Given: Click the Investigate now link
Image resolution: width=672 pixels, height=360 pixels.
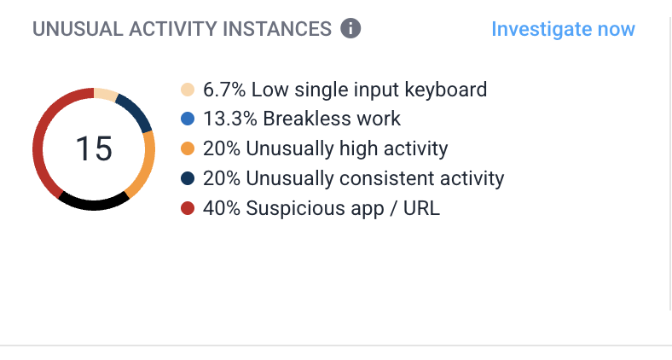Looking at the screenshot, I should pyautogui.click(x=563, y=29).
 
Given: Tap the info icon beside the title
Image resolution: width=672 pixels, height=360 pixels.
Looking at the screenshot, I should pyautogui.click(x=350, y=29).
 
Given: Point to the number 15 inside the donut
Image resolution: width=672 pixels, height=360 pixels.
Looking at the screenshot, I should pyautogui.click(x=94, y=148).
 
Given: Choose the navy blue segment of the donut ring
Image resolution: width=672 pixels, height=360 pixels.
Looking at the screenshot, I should pyautogui.click(x=134, y=110).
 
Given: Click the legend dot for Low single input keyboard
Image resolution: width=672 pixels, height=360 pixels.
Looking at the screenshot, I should pyautogui.click(x=188, y=90).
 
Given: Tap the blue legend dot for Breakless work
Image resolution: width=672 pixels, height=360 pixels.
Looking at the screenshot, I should pyautogui.click(x=188, y=119).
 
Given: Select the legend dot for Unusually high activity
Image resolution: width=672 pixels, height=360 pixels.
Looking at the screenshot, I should pyautogui.click(x=188, y=148).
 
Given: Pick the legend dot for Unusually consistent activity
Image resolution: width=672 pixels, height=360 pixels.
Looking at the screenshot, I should pyautogui.click(x=188, y=178).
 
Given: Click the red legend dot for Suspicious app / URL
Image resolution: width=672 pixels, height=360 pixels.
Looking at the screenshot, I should pyautogui.click(x=188, y=208).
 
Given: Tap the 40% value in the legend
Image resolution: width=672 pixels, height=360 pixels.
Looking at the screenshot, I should pyautogui.click(x=221, y=208).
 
